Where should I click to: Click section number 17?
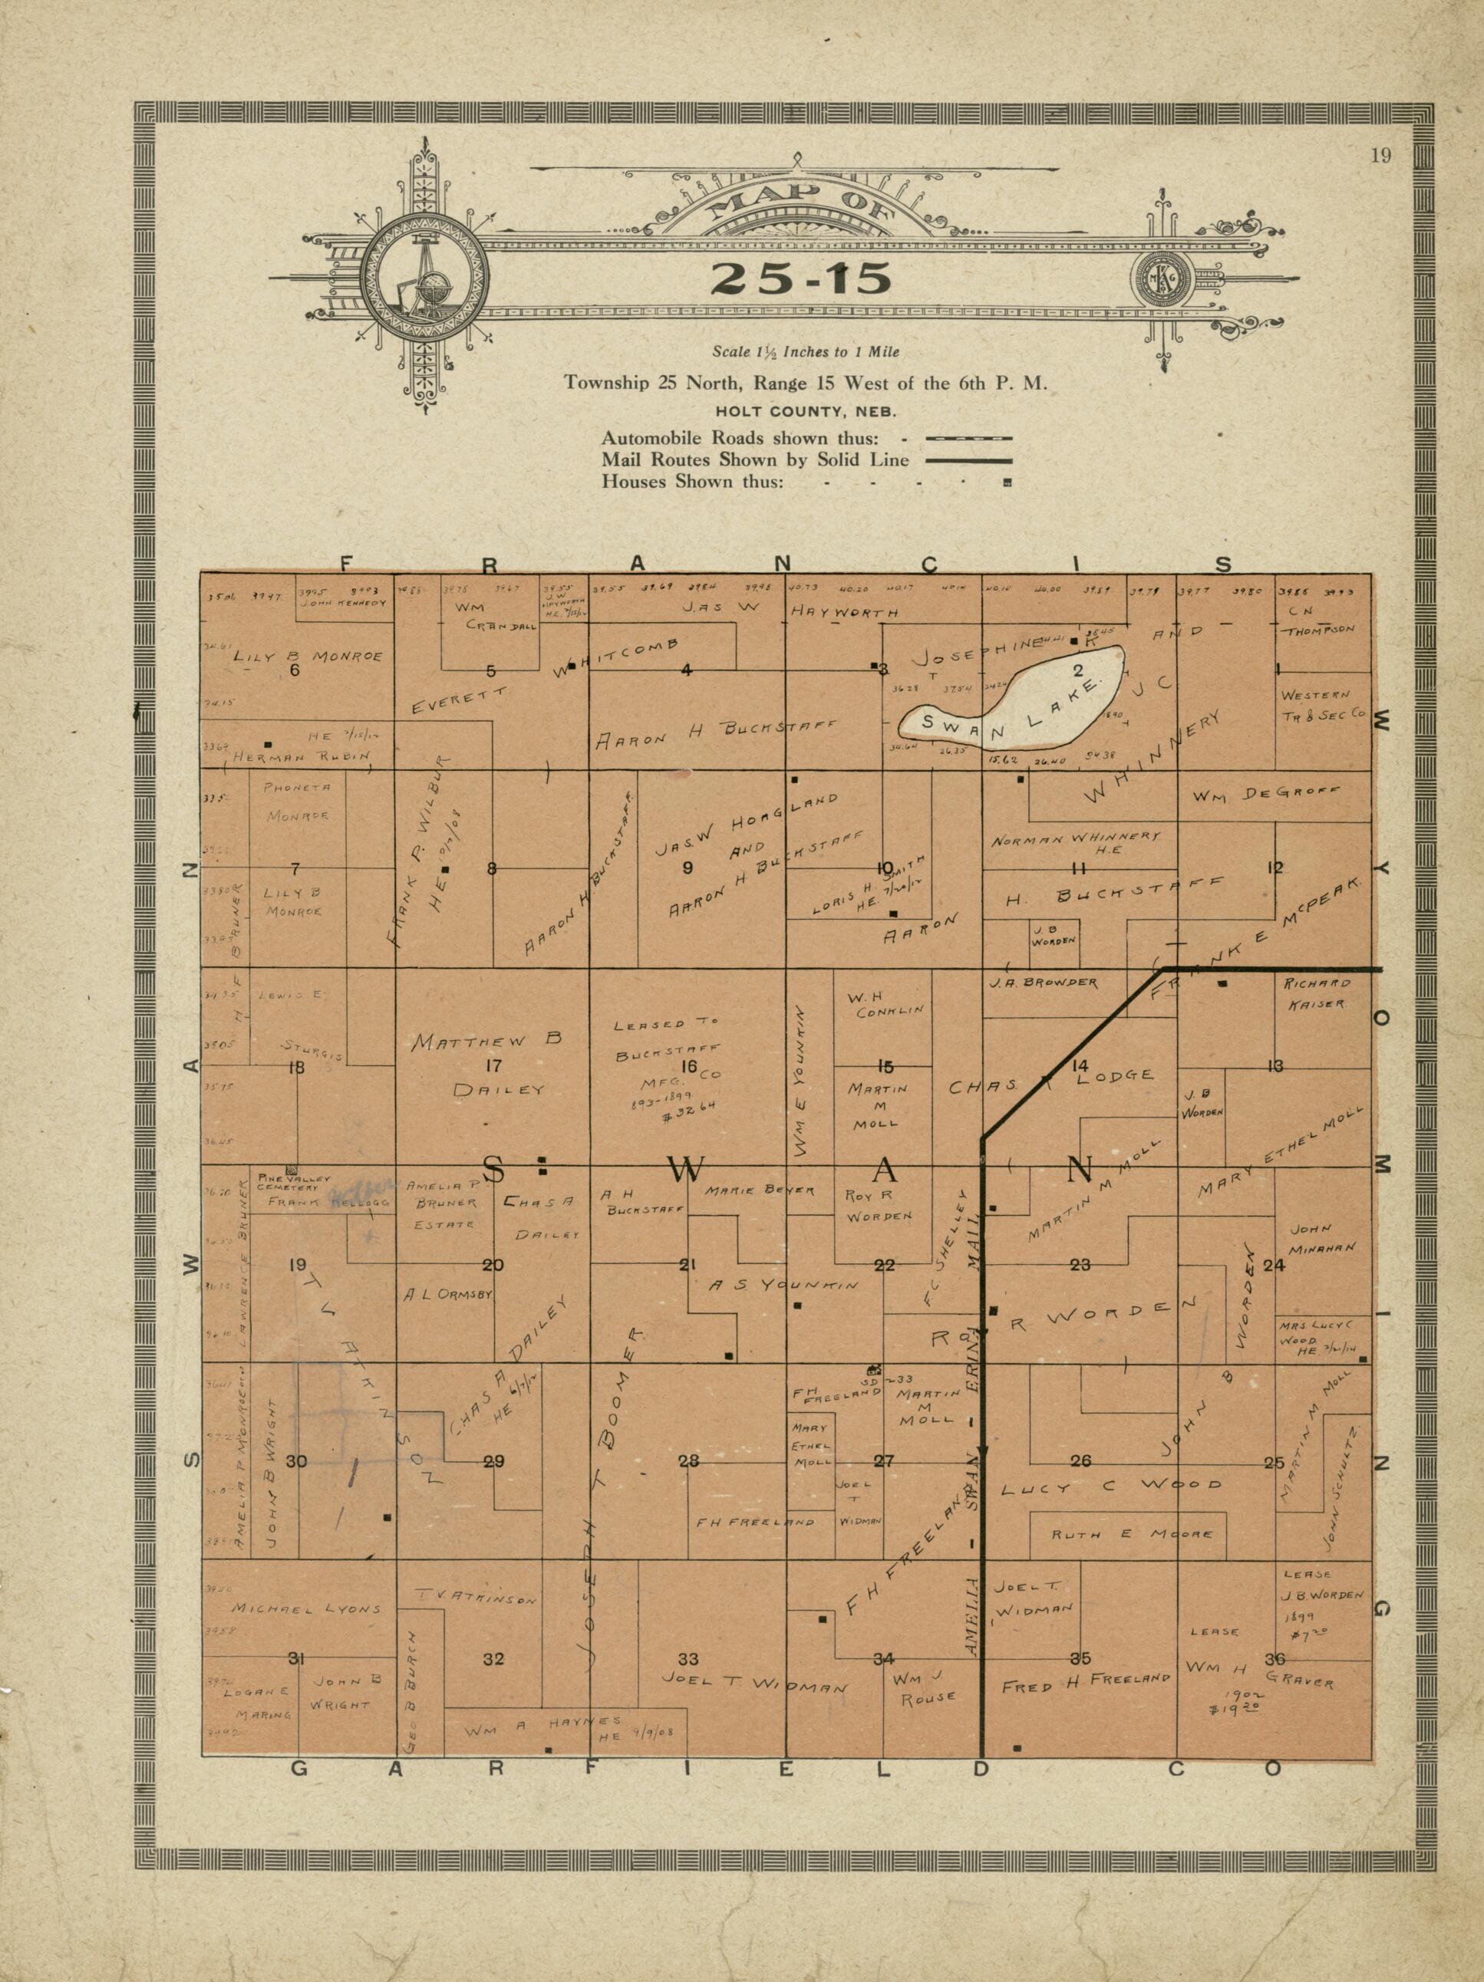coord(493,1066)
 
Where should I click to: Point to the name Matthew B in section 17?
coord(486,1041)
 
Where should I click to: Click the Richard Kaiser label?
coord(1317,993)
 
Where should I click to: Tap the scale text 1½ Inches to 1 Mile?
coord(806,352)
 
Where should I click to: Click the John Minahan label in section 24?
coord(1323,1237)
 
